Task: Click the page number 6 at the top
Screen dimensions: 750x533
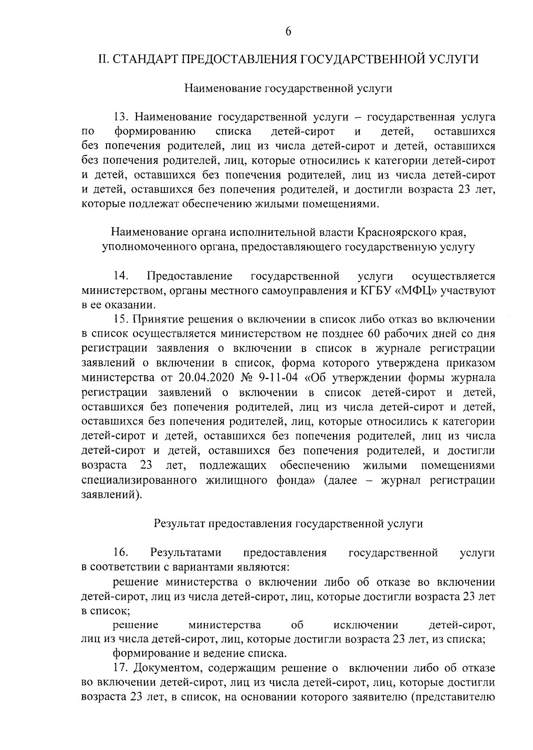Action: coord(288,32)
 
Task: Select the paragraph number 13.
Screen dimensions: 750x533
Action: coord(121,117)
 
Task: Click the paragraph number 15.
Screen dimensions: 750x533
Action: coord(121,319)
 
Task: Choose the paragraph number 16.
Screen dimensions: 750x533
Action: coord(121,552)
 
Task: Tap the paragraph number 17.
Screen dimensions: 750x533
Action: coord(121,668)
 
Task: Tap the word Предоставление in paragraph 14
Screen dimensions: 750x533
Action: coord(190,276)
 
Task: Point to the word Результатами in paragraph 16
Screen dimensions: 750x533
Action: coord(186,552)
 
